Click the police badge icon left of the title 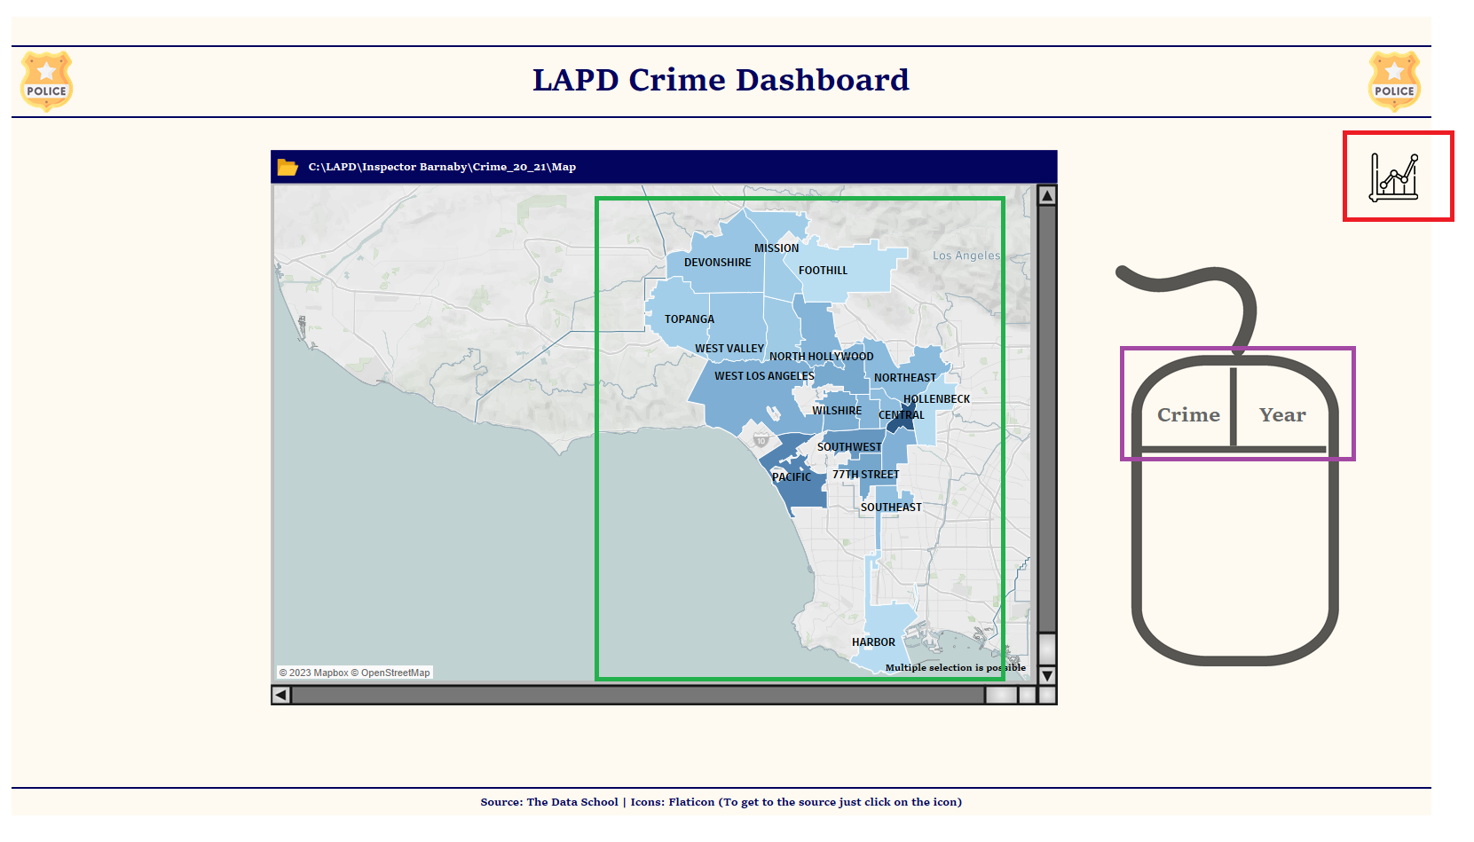click(x=46, y=82)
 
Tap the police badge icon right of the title click(x=1394, y=82)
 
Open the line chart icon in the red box click(x=1394, y=177)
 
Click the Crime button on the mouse click(x=1188, y=415)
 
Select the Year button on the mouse click(x=1282, y=415)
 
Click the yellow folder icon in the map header click(x=288, y=167)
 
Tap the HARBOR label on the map click(x=873, y=642)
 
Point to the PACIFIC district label click(x=791, y=477)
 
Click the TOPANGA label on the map click(x=689, y=319)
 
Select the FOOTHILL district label click(x=823, y=271)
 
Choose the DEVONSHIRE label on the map click(x=717, y=263)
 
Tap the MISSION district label click(x=776, y=248)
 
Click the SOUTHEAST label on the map click(x=891, y=508)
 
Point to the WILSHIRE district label click(x=836, y=411)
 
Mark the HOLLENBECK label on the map click(x=936, y=399)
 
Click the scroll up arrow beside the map click(x=1047, y=196)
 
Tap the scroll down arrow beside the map click(x=1047, y=675)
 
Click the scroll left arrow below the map click(x=281, y=695)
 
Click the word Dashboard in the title click(x=823, y=80)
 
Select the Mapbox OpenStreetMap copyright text click(x=354, y=673)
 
